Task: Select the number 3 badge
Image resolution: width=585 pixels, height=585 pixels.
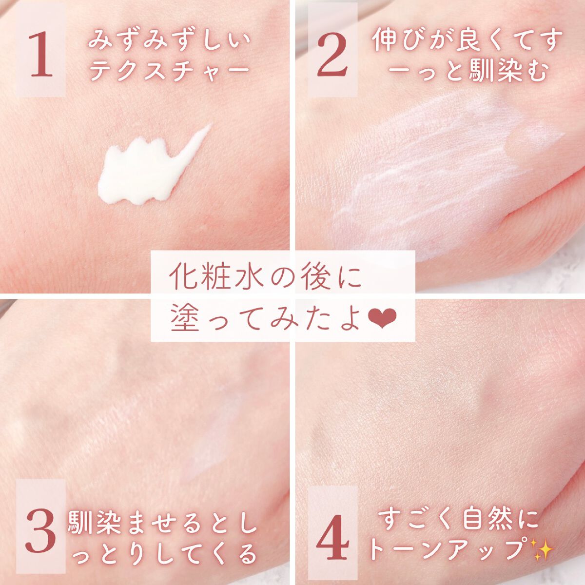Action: pyautogui.click(x=41, y=531)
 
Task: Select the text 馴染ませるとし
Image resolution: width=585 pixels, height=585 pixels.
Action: pyautogui.click(x=163, y=523)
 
